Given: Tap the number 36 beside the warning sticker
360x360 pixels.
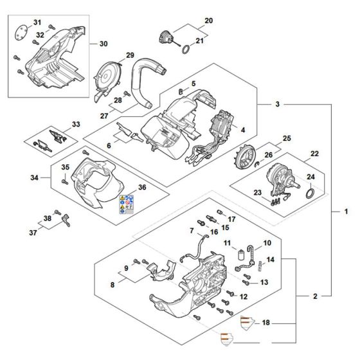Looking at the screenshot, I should [143, 188].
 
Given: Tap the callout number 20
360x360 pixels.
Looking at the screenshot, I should [208, 21].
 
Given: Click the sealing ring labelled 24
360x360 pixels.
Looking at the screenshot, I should [309, 192].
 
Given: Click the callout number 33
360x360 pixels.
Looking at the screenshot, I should [76, 124].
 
